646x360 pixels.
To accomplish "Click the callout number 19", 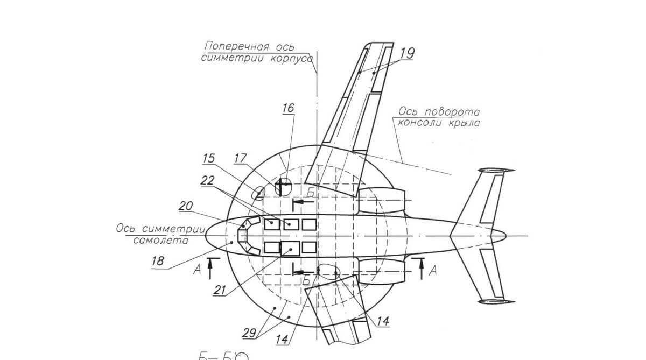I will point(407,53).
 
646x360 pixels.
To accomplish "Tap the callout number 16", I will point(289,108).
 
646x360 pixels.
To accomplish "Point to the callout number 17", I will point(240,159).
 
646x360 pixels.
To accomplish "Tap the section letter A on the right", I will point(432,272).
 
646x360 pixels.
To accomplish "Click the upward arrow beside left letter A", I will point(210,267).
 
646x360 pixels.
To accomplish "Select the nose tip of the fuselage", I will point(206,235).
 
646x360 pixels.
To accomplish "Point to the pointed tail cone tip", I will point(507,235).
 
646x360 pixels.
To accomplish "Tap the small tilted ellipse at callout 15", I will point(259,192).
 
